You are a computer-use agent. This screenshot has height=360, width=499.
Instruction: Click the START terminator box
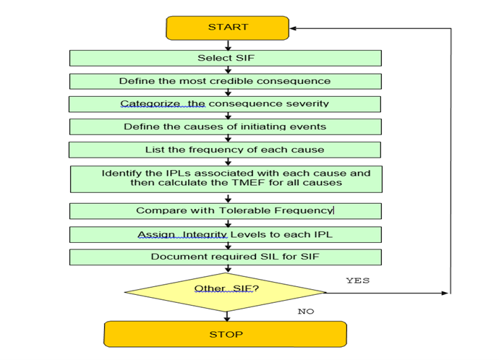pos(228,28)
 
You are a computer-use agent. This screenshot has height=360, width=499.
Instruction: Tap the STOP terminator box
pos(226,334)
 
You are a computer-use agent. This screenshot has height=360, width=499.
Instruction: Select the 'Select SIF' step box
pos(226,59)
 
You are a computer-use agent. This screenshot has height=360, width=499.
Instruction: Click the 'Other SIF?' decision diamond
pos(226,292)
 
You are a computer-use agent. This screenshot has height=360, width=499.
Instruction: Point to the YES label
pos(358,280)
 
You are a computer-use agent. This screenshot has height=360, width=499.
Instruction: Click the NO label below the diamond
pos(306,312)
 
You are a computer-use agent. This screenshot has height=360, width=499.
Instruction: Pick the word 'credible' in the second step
pos(231,81)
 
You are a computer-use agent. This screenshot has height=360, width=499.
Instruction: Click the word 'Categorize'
pos(150,104)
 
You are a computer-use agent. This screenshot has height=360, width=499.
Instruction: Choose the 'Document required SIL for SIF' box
pos(226,257)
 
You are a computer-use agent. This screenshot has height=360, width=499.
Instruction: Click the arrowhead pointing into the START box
pos(293,28)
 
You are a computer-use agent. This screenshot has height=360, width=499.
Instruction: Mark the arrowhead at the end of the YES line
pos(445,293)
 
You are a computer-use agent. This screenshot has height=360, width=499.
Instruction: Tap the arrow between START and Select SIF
pos(228,45)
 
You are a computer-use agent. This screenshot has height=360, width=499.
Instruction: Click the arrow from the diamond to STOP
pos(226,317)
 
